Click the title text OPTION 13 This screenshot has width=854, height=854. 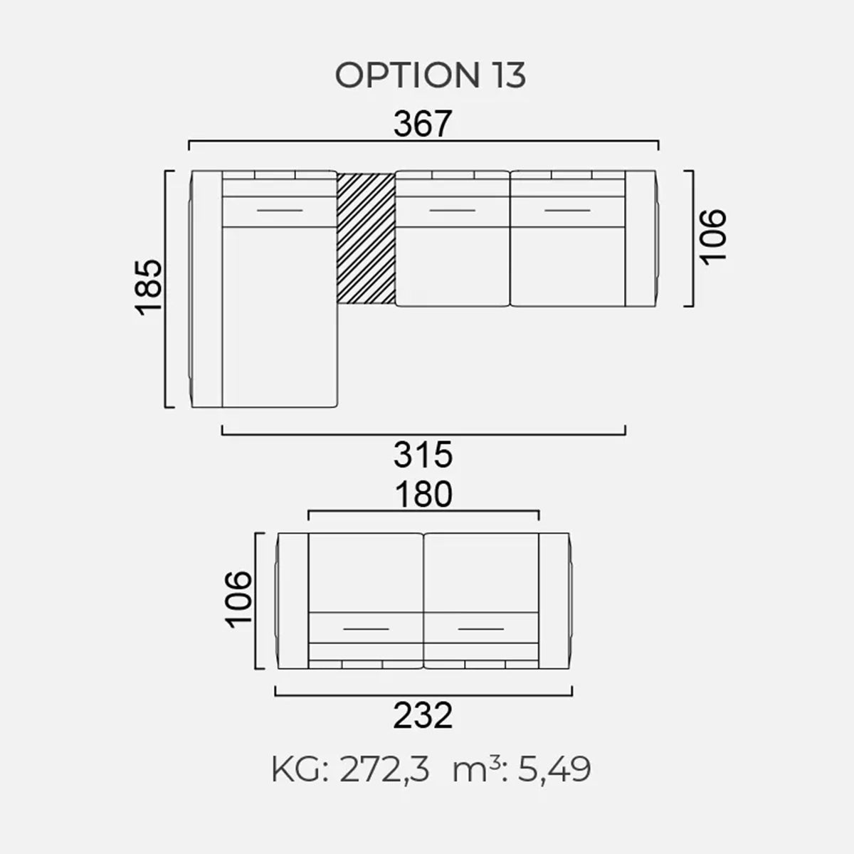coord(431,75)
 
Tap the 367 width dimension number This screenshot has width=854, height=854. coord(423,124)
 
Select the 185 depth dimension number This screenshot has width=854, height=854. coord(149,288)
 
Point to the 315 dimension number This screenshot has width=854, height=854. coord(423,455)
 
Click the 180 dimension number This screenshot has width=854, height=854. coord(423,495)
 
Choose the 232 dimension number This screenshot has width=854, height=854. coord(423,715)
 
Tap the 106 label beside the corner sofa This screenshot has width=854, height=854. coord(713,237)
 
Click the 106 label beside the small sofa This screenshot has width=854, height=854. coord(238,600)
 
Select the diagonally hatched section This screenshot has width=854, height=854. coord(366,238)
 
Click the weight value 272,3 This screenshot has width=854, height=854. coord(385,770)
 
